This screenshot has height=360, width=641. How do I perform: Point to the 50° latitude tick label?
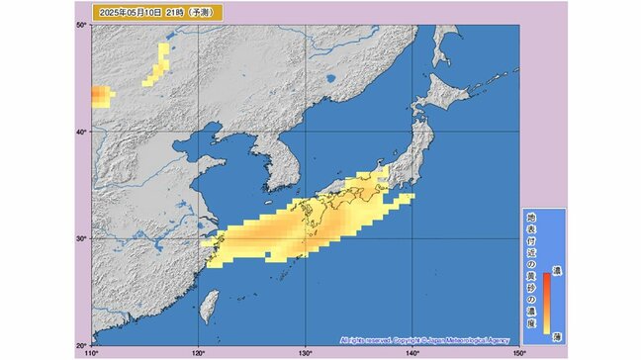tap(83, 25)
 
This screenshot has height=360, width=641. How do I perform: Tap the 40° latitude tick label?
tap(83, 132)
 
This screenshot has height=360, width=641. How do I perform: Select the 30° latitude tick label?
tap(83, 238)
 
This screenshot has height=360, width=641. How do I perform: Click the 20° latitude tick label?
tap(83, 344)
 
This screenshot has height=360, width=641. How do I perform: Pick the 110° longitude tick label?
tap(92, 352)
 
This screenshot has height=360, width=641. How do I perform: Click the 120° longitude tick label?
tap(199, 352)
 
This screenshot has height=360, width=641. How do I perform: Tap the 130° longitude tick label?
tap(306, 352)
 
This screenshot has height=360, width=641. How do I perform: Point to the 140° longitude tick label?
tap(412, 352)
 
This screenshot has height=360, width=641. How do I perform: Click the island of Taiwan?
tap(208, 304)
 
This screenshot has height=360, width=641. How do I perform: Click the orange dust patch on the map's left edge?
tap(101, 95)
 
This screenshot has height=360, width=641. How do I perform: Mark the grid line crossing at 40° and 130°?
tap(306, 132)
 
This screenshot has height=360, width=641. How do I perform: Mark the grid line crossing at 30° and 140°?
tap(412, 238)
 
